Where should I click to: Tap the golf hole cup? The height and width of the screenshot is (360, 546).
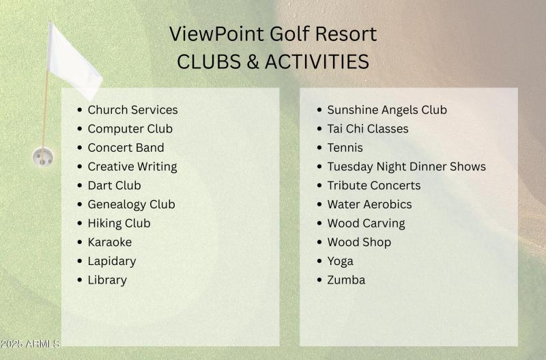click(42, 158)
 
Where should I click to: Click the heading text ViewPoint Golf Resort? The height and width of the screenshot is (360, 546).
click(273, 33)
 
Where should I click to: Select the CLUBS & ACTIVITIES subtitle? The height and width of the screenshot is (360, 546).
click(273, 61)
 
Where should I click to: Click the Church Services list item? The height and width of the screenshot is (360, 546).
click(132, 110)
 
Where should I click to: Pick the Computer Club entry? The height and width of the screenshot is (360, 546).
click(130, 128)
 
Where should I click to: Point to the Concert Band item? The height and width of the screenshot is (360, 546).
click(126, 148)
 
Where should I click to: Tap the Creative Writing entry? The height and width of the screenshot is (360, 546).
click(132, 167)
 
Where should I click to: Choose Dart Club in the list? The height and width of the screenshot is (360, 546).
click(114, 185)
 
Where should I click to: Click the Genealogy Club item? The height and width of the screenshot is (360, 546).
click(131, 204)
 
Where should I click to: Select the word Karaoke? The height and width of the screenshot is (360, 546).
click(109, 242)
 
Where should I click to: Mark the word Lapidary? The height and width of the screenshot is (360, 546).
click(111, 261)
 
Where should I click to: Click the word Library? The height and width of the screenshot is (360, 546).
click(107, 280)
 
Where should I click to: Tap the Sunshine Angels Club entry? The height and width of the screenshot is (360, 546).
click(387, 110)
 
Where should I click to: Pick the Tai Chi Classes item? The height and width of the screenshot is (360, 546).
click(367, 128)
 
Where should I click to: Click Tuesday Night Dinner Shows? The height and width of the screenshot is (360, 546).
click(406, 167)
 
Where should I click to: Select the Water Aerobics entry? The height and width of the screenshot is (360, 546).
click(369, 204)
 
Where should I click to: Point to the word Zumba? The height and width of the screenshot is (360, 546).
click(346, 280)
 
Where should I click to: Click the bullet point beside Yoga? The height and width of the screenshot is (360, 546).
click(319, 262)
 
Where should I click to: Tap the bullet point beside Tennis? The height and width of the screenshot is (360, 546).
click(319, 148)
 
